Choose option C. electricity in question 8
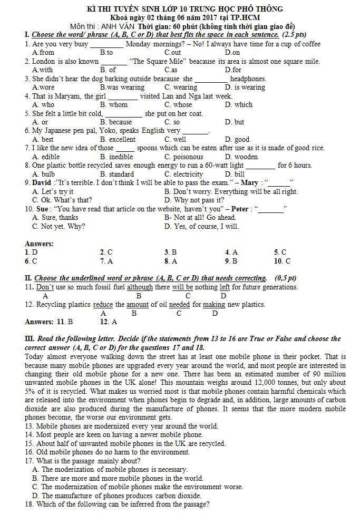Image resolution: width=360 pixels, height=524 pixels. (x=183, y=174)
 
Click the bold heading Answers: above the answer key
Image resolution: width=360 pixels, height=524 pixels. (x=39, y=244)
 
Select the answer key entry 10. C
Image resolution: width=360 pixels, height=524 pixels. (x=282, y=261)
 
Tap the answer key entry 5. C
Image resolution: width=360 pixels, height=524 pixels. (x=280, y=252)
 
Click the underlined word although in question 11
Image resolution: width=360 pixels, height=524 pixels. (x=140, y=287)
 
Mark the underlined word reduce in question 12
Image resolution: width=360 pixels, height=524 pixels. (x=103, y=305)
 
